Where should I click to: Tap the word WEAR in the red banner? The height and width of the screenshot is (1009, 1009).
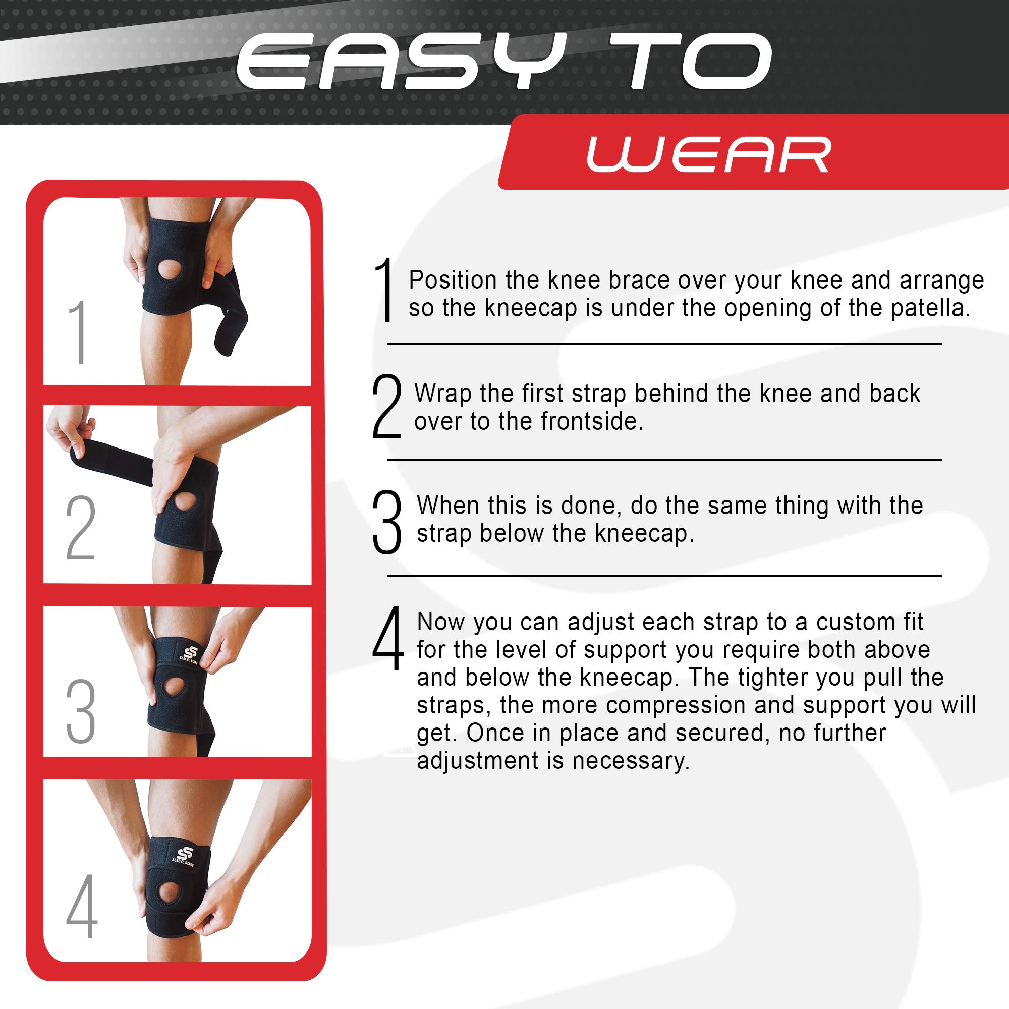tap(708, 154)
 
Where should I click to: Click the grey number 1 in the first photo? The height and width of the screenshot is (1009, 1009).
tap(78, 332)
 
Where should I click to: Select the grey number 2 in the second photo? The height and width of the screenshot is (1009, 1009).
tap(80, 528)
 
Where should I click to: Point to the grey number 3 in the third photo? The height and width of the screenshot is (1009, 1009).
tap(80, 711)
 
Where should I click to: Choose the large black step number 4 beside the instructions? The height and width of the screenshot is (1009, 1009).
tap(387, 639)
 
